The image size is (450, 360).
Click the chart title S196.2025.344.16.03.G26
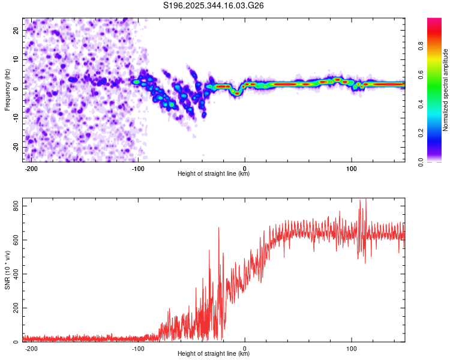pos(214,5)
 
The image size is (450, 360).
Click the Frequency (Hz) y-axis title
pos(7,89)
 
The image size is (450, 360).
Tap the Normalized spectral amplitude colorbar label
pos(446,91)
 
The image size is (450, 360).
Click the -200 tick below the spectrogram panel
pos(31,169)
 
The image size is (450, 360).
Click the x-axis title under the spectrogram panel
pos(214,174)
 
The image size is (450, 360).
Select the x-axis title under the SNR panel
pos(214,354)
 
